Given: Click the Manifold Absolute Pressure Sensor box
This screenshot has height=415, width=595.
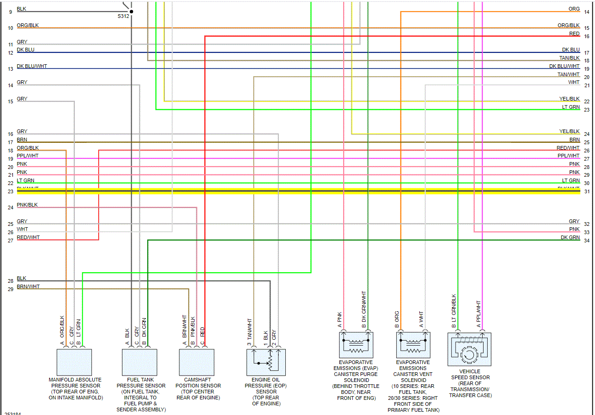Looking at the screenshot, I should pos(74,362).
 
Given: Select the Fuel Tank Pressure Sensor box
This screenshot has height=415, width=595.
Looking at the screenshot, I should pos(139,362).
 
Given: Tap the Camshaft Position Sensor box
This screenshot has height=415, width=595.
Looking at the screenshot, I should pos(196,362).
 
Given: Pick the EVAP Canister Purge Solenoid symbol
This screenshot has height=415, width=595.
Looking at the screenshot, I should pos(356,345).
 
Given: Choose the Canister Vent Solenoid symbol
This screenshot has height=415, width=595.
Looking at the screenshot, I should pos(413,345).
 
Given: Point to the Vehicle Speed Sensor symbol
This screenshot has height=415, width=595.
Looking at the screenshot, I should pos(469,349).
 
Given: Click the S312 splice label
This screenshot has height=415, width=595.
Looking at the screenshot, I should pos(124,16).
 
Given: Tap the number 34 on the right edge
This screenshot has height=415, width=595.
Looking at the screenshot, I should pos(587,241).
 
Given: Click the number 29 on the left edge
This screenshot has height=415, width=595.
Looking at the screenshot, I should pos(11,289).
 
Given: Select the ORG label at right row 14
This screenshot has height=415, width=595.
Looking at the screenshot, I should pos(574,9).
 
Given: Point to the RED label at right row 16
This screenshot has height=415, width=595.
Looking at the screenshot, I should pos(574,34).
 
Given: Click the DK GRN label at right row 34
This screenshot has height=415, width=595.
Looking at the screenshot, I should pos(570,237).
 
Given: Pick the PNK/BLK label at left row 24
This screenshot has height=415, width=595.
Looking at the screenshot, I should pos(28,205).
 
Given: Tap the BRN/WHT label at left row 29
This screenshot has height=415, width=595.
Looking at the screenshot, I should pos(28,286).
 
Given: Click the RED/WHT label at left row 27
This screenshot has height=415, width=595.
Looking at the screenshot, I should pos(28,237).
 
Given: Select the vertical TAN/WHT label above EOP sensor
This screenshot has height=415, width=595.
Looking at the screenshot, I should pos(250,331).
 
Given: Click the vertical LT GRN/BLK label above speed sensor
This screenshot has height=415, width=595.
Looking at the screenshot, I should pos(454,310).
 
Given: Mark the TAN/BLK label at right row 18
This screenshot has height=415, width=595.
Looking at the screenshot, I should pos(569,58).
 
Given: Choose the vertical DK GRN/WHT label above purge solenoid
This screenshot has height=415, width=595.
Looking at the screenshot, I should pos(364,307).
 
